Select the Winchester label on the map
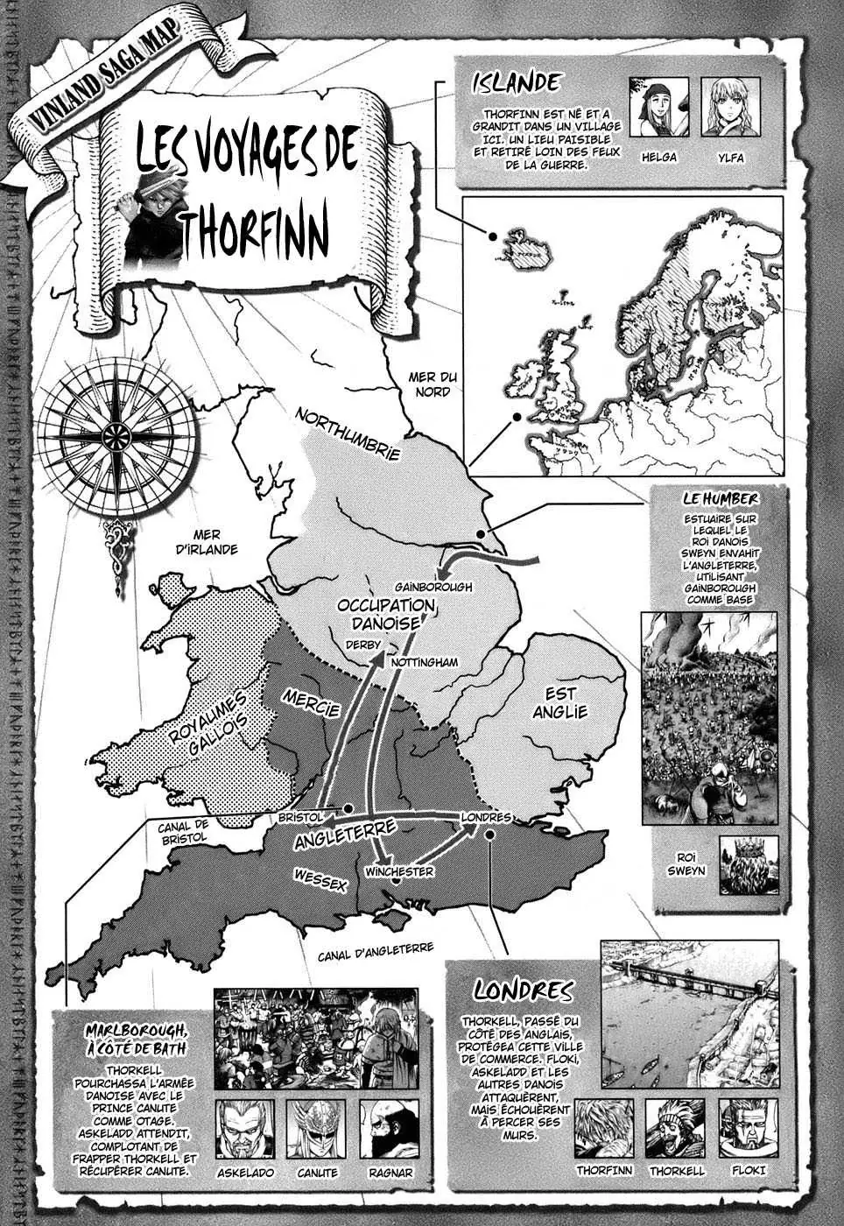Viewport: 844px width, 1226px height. tap(399, 872)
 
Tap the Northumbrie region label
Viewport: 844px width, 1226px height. tap(348, 433)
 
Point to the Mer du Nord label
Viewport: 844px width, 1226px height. tap(434, 384)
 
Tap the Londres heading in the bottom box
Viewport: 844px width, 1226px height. tap(523, 990)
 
